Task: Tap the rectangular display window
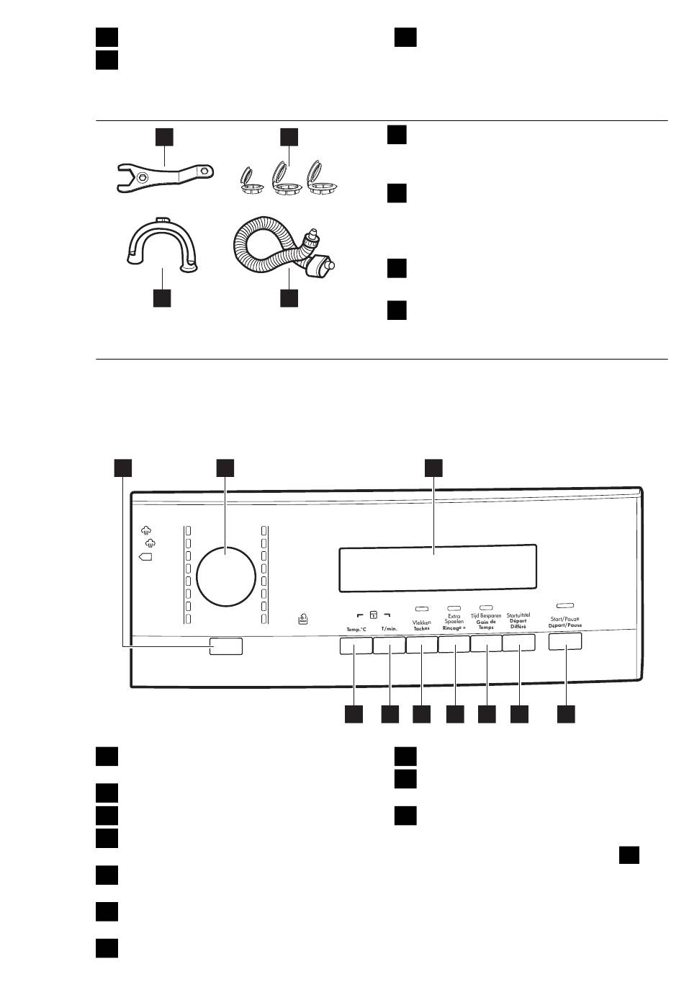click(x=436, y=566)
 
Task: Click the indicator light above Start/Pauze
click(x=565, y=604)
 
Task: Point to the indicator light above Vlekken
click(x=422, y=609)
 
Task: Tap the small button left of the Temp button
click(x=226, y=646)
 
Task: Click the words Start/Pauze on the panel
click(x=564, y=619)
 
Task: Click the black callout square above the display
click(x=433, y=467)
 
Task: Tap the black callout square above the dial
click(x=226, y=467)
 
